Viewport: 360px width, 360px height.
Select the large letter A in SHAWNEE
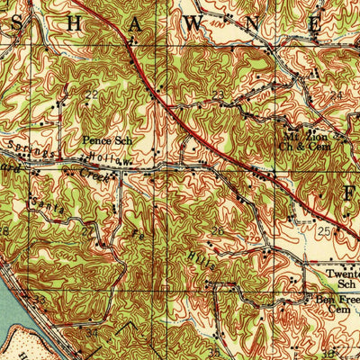tap(134, 25)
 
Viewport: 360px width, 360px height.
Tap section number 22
tap(91, 94)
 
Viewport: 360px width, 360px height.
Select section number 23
tap(218, 94)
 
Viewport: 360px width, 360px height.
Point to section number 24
tap(337, 93)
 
